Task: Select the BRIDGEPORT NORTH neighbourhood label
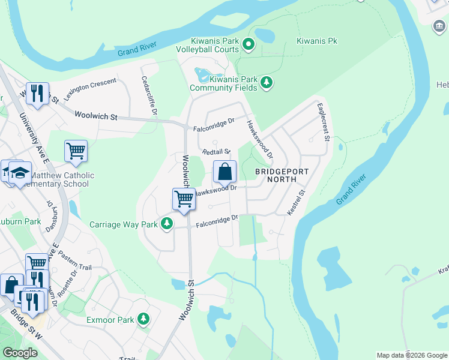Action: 281,176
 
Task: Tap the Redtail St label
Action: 216,152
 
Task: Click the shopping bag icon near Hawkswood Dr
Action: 224,172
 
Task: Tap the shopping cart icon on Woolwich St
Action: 184,199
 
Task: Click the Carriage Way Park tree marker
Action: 166,224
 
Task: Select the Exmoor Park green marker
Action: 143,319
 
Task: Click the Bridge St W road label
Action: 26,326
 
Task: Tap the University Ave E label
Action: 34,138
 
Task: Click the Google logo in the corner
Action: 20,353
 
